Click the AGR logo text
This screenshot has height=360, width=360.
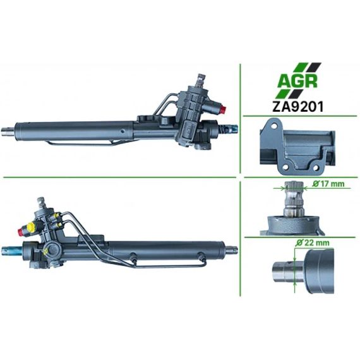pyautogui.click(x=297, y=81)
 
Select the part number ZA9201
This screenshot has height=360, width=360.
pyautogui.click(x=297, y=107)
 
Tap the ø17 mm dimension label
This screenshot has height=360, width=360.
pyautogui.click(x=328, y=184)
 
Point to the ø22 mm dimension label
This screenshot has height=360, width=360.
pyautogui.click(x=312, y=243)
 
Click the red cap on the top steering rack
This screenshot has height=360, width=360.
pyautogui.click(x=224, y=109)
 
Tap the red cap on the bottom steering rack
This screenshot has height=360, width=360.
pyautogui.click(x=21, y=232)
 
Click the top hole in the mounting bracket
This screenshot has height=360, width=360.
pyautogui.click(x=274, y=126)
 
